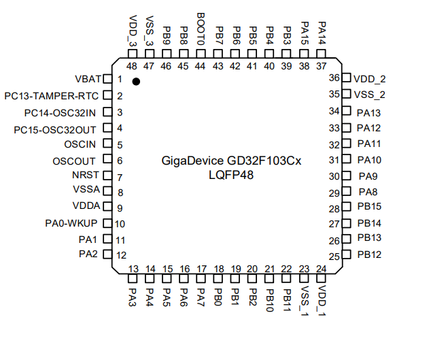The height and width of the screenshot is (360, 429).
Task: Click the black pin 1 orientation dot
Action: coord(136,81)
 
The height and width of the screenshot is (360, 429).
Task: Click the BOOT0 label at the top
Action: coord(201,29)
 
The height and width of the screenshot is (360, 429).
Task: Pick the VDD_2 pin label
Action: coord(371,78)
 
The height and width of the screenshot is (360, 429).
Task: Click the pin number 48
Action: coord(132,66)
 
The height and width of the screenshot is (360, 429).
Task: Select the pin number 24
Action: coord(321,268)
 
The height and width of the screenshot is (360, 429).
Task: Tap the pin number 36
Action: coord(334,78)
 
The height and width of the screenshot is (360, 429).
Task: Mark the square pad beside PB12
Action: coord(345,255)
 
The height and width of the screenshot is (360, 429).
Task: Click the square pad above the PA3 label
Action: coord(133,278)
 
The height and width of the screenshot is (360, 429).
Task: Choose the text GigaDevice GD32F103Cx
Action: coord(230,161)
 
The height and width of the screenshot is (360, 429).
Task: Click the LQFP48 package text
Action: coord(230,175)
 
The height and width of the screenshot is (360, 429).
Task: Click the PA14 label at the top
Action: coord(322,30)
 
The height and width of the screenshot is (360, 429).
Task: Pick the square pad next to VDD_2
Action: coord(345,78)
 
